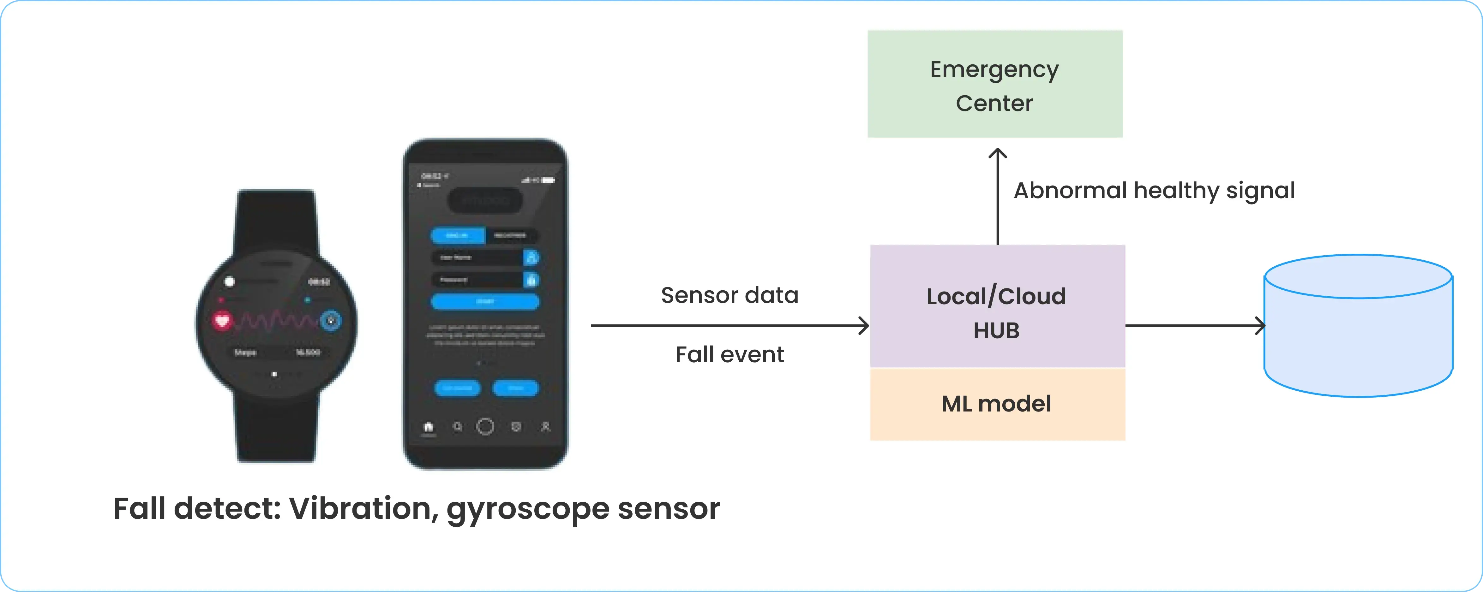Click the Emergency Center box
coord(995,84)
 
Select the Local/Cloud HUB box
coord(997,306)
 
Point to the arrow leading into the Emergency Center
coord(998,196)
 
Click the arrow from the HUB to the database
coord(1195,326)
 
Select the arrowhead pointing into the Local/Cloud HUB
coord(863,326)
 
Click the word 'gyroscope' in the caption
coord(528,509)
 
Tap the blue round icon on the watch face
coord(330,320)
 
